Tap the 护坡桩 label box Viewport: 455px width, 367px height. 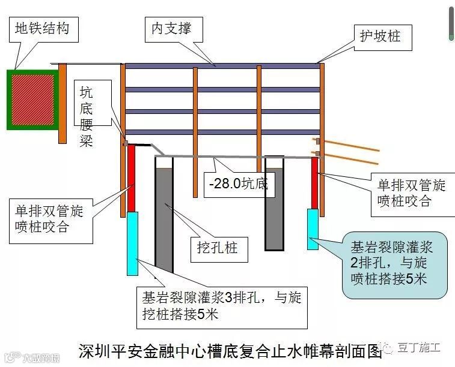click(x=379, y=38)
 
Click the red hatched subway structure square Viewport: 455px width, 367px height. click(x=31, y=99)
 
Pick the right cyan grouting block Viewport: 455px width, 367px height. click(x=313, y=228)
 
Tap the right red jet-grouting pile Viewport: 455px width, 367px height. click(x=314, y=182)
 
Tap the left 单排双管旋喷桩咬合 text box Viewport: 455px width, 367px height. click(x=50, y=220)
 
